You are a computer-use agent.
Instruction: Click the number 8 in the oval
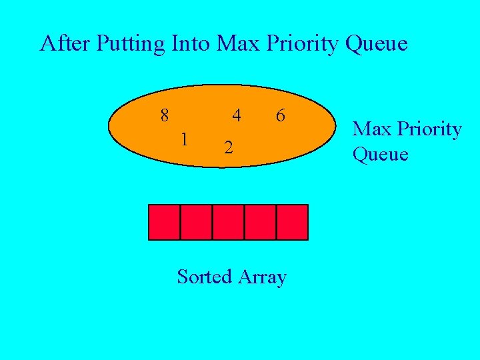(165, 115)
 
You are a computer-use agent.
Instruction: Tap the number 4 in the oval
(236, 115)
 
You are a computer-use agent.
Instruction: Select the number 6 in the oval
(281, 115)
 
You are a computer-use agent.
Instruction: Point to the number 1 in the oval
(185, 139)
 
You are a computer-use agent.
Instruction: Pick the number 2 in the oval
(228, 147)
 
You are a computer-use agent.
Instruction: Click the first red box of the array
(164, 222)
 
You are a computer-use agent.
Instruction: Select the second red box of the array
(196, 222)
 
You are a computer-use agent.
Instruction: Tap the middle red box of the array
(228, 222)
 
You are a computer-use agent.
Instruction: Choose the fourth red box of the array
(260, 222)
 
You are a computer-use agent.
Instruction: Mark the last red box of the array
(292, 222)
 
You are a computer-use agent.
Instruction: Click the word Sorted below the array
(203, 276)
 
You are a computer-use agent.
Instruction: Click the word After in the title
(65, 43)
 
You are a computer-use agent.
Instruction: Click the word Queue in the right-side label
(380, 155)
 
